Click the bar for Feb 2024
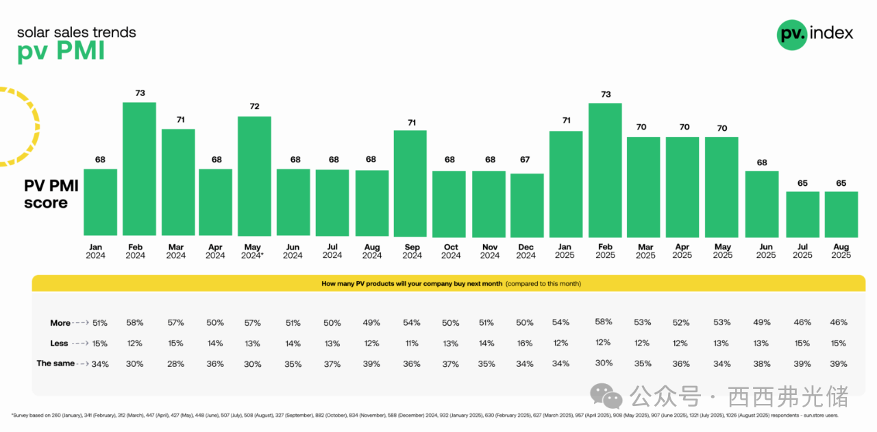click(x=139, y=169)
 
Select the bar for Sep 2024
click(x=410, y=183)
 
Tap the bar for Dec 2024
click(x=527, y=205)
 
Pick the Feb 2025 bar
click(x=605, y=170)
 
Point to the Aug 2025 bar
click(x=841, y=214)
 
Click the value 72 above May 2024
click(x=254, y=106)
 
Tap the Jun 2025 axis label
click(x=766, y=251)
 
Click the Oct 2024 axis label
click(x=451, y=251)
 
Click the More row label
click(x=60, y=323)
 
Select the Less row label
click(x=59, y=343)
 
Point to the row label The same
click(x=55, y=363)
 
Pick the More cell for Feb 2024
click(x=134, y=322)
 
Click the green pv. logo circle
click(x=792, y=34)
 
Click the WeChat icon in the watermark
click(x=607, y=396)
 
